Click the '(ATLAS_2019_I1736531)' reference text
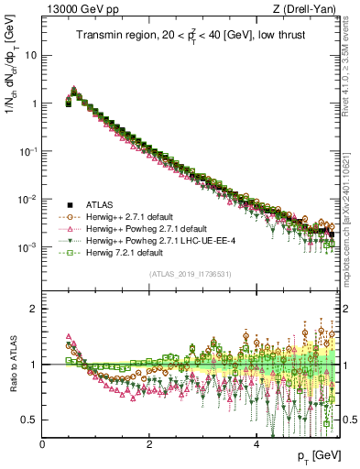[190, 274]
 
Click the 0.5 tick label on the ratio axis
[29, 420]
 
